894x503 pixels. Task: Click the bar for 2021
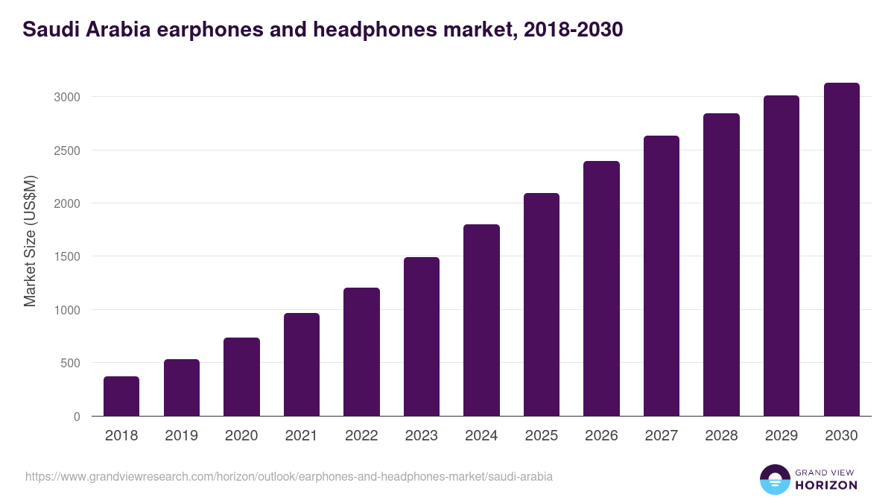pyautogui.click(x=302, y=364)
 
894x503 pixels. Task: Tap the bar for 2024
pyautogui.click(x=481, y=320)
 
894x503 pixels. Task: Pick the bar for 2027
pyautogui.click(x=662, y=276)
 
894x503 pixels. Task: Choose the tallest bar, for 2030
pyautogui.click(x=841, y=249)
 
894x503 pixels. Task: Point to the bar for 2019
pyautogui.click(x=182, y=387)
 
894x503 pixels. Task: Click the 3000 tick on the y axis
pyautogui.click(x=67, y=98)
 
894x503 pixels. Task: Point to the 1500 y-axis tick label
pyautogui.click(x=67, y=257)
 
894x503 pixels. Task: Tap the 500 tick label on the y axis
pyautogui.click(x=70, y=364)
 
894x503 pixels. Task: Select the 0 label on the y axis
pyautogui.click(x=77, y=417)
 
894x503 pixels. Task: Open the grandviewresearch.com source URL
pyautogui.click(x=289, y=476)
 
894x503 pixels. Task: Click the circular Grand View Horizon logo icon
pyautogui.click(x=774, y=479)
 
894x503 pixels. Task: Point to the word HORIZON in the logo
pyautogui.click(x=826, y=485)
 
